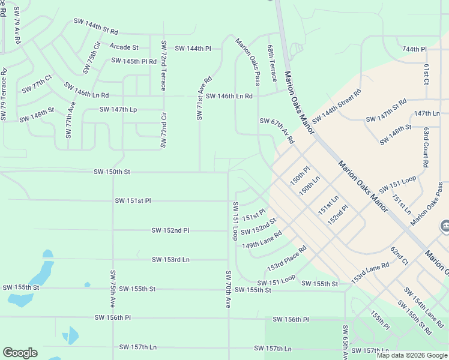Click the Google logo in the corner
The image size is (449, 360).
coord(20,352)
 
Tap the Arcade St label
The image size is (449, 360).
coord(124,47)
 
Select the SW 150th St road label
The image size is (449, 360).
coord(112,172)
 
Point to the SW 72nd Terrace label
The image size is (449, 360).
coord(163,66)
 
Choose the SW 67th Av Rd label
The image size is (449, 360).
coord(277,130)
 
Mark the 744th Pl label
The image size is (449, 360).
coord(414,49)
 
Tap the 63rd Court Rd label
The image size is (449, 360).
coord(425,147)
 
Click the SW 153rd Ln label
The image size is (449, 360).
coord(170,259)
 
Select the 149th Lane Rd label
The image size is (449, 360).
coord(262,241)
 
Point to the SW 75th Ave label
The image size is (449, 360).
coord(112,289)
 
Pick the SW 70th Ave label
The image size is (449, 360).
coord(228,290)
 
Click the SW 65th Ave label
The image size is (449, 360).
coord(346,342)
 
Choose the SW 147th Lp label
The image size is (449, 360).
coord(118,110)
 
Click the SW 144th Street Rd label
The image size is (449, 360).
coord(337,106)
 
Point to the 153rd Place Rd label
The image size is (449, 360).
coord(287,257)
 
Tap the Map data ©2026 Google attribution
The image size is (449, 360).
coord(411,355)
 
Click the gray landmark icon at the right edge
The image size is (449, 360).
coord(445,226)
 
